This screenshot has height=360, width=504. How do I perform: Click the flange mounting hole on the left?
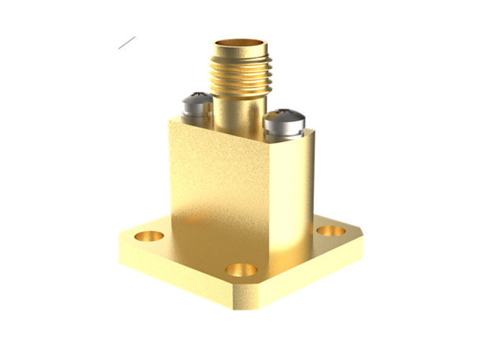150,235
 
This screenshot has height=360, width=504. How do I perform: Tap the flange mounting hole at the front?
240,270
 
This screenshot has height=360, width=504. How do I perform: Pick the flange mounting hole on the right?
330,232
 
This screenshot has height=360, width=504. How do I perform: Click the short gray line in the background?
127,42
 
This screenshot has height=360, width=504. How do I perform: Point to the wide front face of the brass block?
216,187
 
